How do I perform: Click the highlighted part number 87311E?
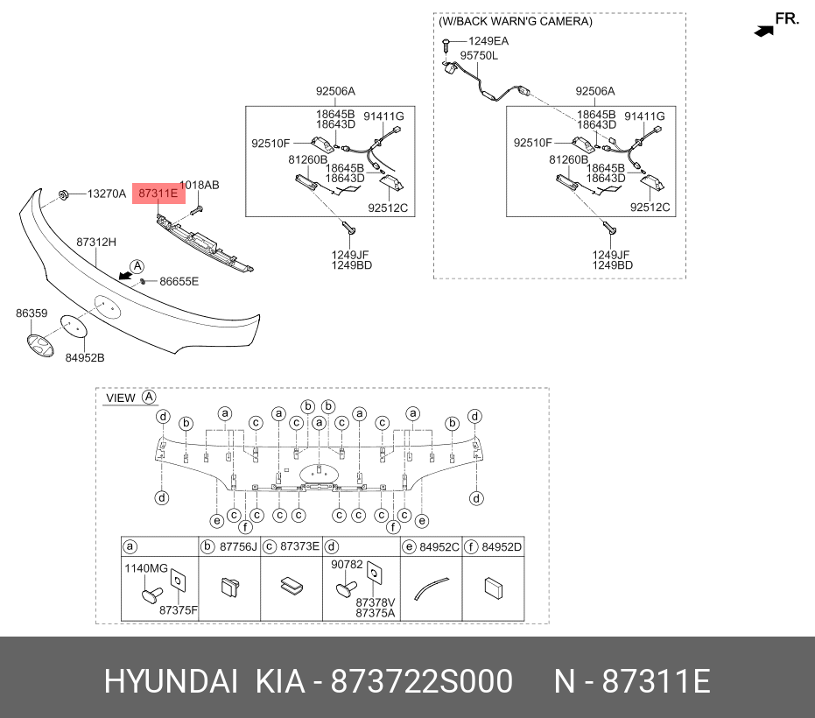point(158,194)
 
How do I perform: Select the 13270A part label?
point(107,194)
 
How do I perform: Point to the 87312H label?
point(96,242)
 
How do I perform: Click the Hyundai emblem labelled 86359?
point(40,346)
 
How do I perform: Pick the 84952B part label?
point(85,358)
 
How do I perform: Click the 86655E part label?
point(179,281)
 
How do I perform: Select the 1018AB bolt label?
point(200,185)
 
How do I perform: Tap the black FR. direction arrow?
point(764,32)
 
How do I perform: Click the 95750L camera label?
point(479,55)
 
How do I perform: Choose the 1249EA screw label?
point(488,41)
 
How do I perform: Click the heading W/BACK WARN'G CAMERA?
point(515,21)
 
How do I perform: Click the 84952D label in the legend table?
point(501,547)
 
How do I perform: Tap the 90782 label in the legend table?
point(347,564)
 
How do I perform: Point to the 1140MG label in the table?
point(146,568)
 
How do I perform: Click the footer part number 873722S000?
point(422,681)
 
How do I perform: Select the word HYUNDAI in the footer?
point(171,681)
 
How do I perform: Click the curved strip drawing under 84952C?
point(431,588)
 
